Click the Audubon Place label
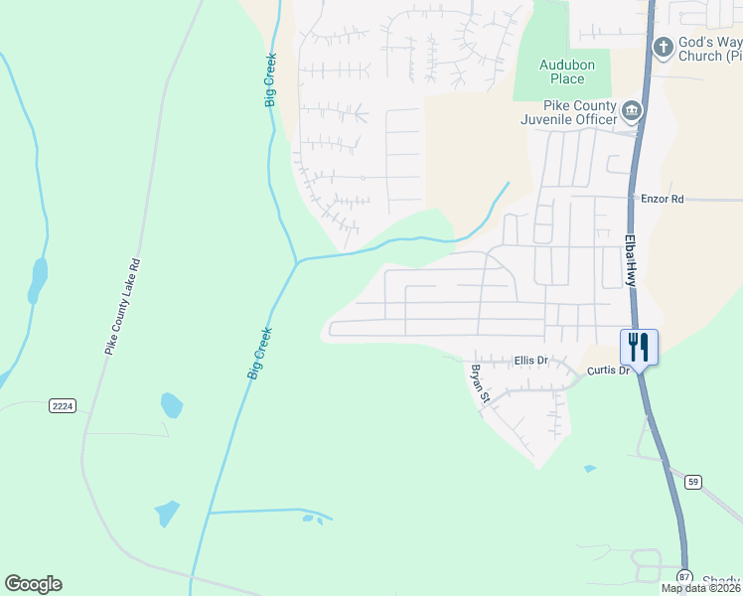[x=560, y=72]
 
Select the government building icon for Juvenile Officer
[x=631, y=109]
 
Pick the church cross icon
[x=663, y=46]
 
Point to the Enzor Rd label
[x=663, y=199]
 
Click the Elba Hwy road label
[x=630, y=260]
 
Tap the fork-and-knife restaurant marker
[x=639, y=347]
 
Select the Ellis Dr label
[x=531, y=361]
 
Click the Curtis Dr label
[x=609, y=371]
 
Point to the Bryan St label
[x=480, y=383]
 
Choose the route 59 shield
[x=693, y=482]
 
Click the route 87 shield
[x=683, y=576]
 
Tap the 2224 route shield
[x=63, y=405]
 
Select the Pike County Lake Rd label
[x=124, y=307]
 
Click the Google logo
[x=33, y=584]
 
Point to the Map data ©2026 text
[x=700, y=588]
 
